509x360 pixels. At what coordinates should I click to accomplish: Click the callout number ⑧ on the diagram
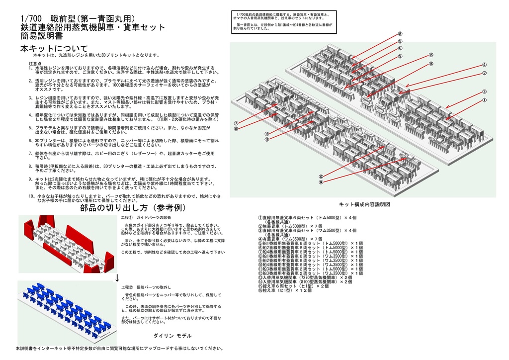tap(400, 34)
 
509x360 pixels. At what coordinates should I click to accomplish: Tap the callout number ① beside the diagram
tap(483, 100)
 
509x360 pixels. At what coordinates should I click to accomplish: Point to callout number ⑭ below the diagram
tap(321, 182)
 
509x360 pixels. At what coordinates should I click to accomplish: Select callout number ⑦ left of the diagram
tap(236, 123)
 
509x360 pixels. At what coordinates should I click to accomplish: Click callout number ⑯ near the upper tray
tap(431, 64)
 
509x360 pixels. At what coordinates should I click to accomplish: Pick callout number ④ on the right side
tap(484, 65)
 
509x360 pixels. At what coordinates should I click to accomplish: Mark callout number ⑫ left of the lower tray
tap(267, 134)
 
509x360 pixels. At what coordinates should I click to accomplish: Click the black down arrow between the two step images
tap(117, 276)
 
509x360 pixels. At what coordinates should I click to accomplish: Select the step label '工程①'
tap(128, 218)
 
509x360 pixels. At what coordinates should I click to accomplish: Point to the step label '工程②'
tap(128, 288)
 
